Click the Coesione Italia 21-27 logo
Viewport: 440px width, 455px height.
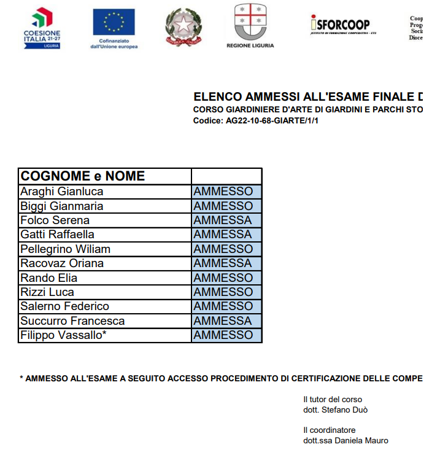pyautogui.click(x=42, y=28)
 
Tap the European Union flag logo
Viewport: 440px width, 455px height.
pyautogui.click(x=114, y=28)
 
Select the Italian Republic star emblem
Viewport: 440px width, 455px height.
pyautogui.click(x=183, y=28)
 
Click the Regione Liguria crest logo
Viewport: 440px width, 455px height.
pyautogui.click(x=250, y=25)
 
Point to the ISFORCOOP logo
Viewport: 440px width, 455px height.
pyautogui.click(x=342, y=25)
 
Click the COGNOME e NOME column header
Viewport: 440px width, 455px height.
pyautogui.click(x=82, y=176)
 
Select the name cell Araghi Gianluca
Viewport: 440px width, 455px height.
pyautogui.click(x=62, y=192)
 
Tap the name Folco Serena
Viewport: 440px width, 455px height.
pyautogui.click(x=55, y=220)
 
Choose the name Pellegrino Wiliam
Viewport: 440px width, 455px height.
pyautogui.click(x=65, y=249)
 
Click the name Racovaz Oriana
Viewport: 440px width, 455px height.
pyautogui.click(x=62, y=263)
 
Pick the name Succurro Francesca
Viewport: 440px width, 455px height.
pyautogui.click(x=72, y=321)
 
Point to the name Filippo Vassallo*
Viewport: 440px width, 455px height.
pyautogui.click(x=64, y=335)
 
